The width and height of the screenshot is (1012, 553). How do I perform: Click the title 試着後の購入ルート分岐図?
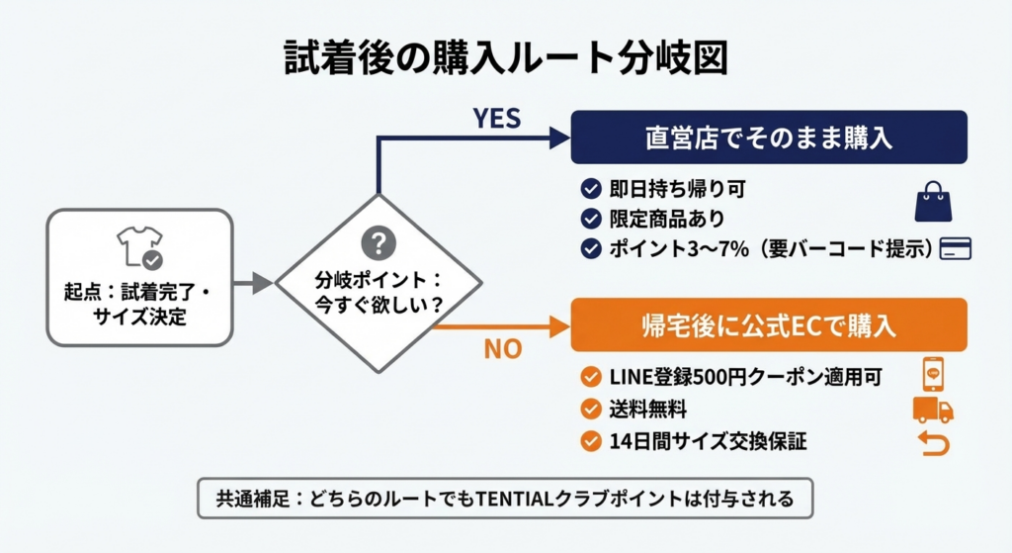505,58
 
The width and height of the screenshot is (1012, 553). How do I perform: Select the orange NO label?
503,348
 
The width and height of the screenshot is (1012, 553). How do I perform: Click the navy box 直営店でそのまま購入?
767,138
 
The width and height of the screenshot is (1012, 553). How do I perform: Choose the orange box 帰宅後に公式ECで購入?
767,326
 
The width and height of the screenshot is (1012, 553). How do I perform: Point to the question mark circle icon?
379,242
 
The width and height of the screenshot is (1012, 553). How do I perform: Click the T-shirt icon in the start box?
138,246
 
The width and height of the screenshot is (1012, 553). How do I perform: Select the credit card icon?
956,247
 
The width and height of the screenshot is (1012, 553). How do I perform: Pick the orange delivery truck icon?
932,410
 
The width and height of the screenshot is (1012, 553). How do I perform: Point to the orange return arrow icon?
933,442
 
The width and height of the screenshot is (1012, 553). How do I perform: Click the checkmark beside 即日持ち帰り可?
591,187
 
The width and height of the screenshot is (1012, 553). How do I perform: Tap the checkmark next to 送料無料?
591,409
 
